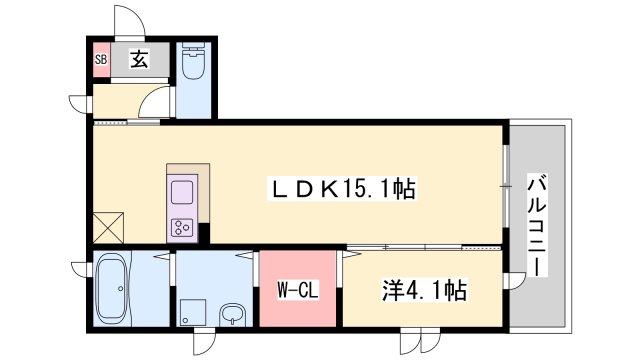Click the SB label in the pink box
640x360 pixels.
point(100,59)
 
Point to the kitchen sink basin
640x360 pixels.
point(184,190)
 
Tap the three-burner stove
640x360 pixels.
point(183,226)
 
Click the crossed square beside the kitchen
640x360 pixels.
point(107,227)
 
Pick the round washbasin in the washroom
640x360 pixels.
point(232,312)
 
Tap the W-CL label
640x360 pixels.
point(297,291)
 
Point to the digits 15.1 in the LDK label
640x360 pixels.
point(366,187)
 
